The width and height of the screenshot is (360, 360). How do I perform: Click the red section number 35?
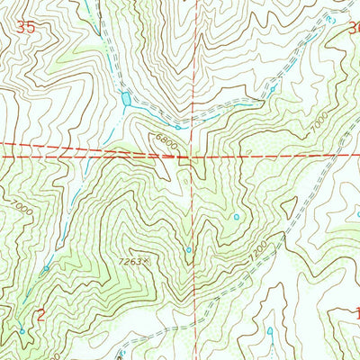26,29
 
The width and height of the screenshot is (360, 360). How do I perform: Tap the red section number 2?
40,314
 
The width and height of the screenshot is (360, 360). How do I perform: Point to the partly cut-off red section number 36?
354,28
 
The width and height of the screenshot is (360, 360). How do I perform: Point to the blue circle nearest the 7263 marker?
188,250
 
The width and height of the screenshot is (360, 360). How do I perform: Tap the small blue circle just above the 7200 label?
237,217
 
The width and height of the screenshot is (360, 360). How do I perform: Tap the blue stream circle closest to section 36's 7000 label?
270,91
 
